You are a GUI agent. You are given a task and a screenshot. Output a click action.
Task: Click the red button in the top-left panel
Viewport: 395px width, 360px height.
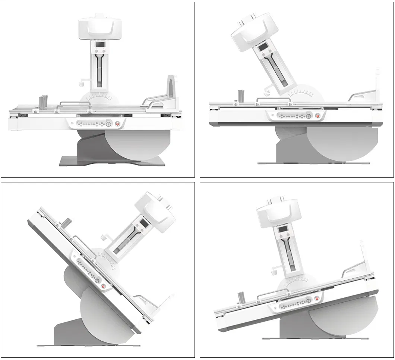click(117, 124)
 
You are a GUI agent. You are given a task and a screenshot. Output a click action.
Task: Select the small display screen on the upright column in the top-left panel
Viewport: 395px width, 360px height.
click(99, 45)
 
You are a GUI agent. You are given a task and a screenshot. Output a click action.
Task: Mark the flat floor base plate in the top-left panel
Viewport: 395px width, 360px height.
click(112, 161)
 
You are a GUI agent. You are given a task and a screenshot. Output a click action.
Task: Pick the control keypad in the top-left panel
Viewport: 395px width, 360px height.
click(94, 124)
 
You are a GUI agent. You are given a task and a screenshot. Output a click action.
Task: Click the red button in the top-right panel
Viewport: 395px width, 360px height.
click(318, 116)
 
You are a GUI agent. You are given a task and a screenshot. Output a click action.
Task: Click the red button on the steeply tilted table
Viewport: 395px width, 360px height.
click(104, 286)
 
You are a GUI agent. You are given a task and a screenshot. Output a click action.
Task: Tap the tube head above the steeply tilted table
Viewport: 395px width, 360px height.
click(155, 212)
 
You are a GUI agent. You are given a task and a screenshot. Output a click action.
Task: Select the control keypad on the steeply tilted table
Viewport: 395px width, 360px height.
click(89, 270)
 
